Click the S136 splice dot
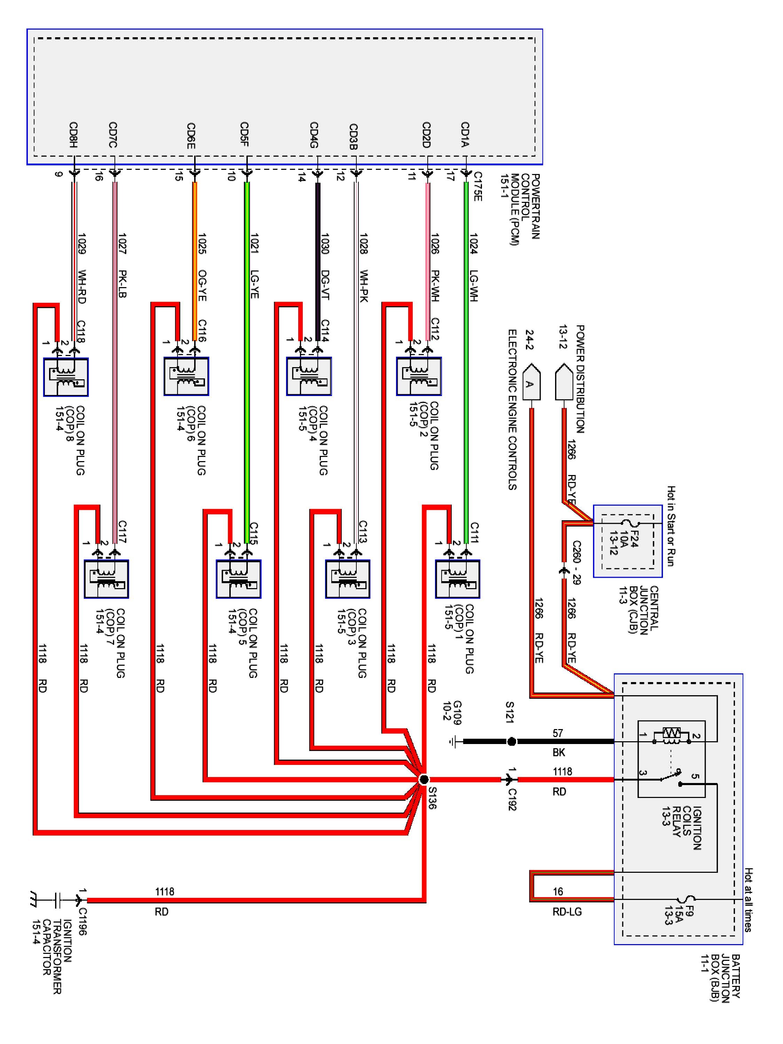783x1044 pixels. [424, 779]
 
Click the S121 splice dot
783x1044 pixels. [511, 742]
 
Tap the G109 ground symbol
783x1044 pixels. [453, 742]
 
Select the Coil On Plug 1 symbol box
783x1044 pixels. [457, 579]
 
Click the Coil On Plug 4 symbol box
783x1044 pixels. [309, 376]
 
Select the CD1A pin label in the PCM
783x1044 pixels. [465, 135]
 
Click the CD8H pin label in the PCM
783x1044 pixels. [73, 135]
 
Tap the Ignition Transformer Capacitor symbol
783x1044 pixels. [56, 900]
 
